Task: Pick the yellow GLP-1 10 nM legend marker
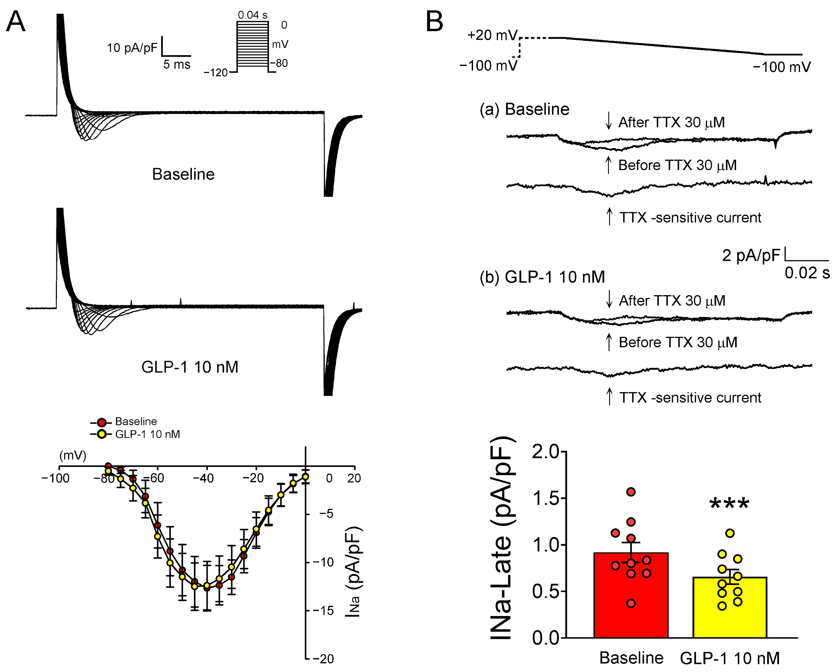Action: (x=102, y=434)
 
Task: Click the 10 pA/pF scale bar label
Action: (x=132, y=48)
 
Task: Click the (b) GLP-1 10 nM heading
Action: (x=542, y=277)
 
